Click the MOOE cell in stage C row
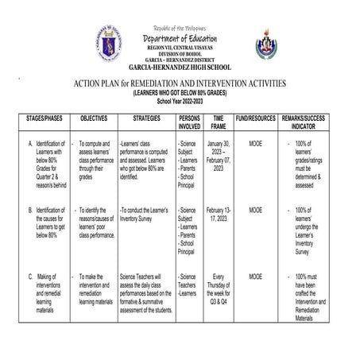tap(255, 277)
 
